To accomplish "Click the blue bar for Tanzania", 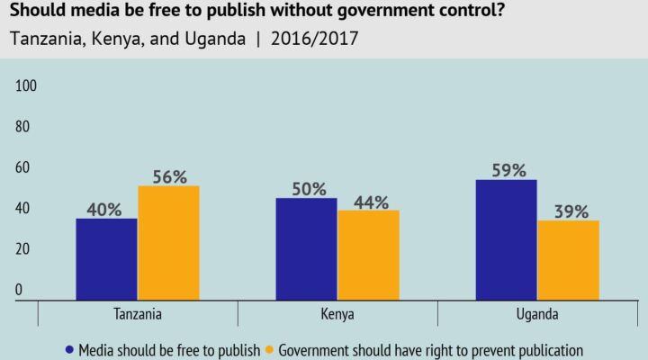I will click(x=106, y=258).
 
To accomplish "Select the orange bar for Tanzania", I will click(x=168, y=242).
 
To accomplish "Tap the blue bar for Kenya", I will click(x=306, y=248).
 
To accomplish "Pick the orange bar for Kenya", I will click(x=368, y=255).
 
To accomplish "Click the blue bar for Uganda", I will click(x=506, y=239).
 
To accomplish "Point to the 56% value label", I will click(x=168, y=175).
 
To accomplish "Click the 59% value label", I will click(x=506, y=169).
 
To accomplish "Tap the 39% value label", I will click(x=568, y=211).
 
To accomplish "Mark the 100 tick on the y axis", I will click(x=25, y=86).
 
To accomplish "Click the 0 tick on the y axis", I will click(x=18, y=291).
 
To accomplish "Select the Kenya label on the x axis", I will click(x=337, y=315).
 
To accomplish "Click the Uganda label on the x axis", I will click(x=537, y=315).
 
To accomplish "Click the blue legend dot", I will click(x=69, y=349).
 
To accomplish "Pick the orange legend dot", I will click(x=270, y=349).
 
